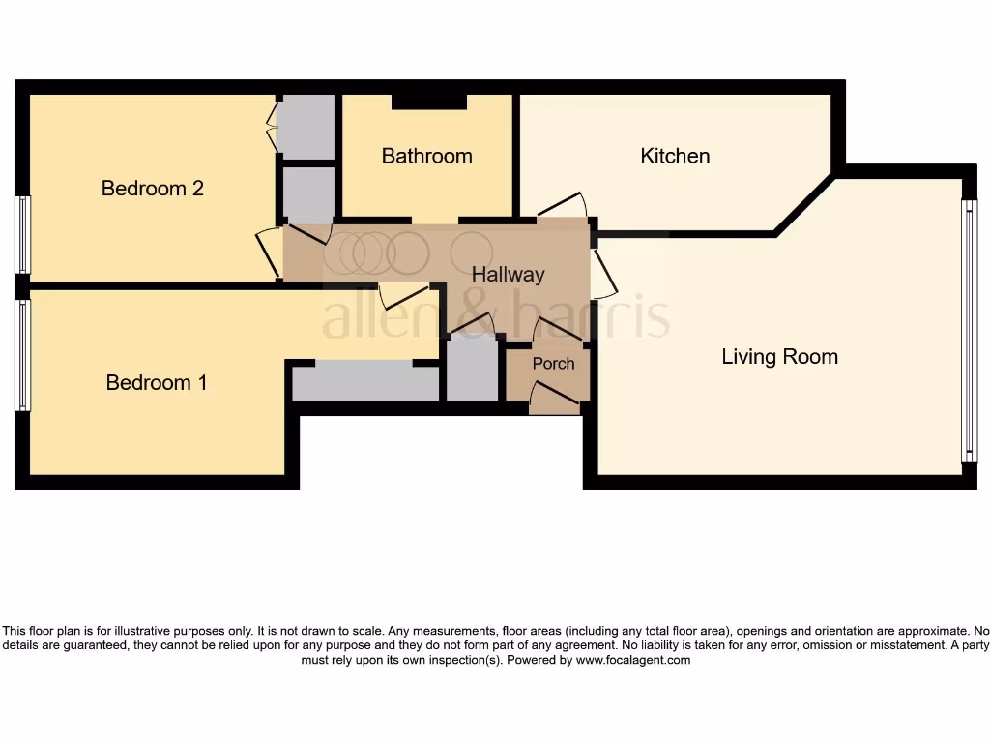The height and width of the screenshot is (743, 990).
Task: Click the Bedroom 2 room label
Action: tap(152, 188)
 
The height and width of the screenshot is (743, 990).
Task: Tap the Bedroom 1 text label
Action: tap(156, 382)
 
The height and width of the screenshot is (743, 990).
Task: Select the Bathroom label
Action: tap(426, 156)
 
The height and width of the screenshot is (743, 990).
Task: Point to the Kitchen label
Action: tap(675, 156)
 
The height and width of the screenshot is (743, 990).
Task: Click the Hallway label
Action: tap(508, 274)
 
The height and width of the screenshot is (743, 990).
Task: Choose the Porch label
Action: tap(553, 363)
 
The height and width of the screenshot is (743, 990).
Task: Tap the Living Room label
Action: tap(779, 356)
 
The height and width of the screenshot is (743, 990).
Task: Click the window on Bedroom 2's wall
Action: tap(22, 234)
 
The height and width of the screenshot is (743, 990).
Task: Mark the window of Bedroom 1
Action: tap(22, 354)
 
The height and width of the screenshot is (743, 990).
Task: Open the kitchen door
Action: tap(563, 206)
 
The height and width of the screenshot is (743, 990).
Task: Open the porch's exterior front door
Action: tap(555, 397)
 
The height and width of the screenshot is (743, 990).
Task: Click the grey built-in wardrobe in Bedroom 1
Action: tap(365, 381)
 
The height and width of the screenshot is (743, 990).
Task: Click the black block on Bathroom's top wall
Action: tap(429, 102)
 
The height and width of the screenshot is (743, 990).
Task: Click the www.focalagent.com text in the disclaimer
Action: tap(632, 660)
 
